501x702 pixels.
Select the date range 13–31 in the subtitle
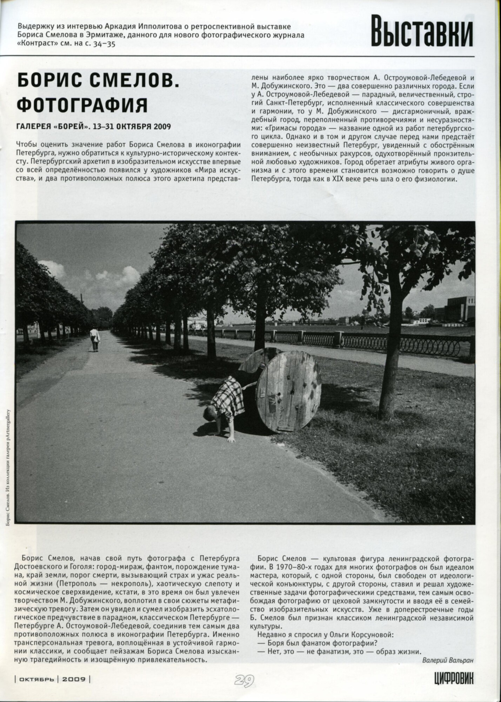[102, 126]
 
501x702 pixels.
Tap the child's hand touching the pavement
[231, 439]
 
